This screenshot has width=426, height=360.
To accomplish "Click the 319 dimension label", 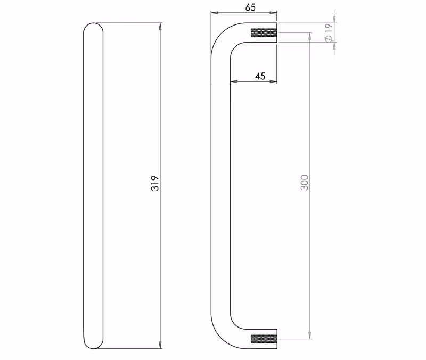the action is click(155, 183).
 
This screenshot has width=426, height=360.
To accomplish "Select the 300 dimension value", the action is click(305, 183).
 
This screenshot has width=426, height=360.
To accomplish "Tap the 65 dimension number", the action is click(250, 7).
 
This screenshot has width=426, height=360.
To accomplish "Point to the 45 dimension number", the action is click(260, 76).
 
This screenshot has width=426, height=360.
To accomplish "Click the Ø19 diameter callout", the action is click(329, 32).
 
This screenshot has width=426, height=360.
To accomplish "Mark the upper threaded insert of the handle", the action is click(264, 32).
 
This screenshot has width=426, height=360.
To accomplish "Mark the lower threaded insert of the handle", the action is click(264, 339).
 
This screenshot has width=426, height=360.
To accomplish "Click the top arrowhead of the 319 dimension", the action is click(160, 26).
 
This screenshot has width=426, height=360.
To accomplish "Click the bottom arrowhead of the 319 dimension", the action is click(160, 345).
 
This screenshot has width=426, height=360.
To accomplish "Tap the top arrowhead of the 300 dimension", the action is click(310, 36).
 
